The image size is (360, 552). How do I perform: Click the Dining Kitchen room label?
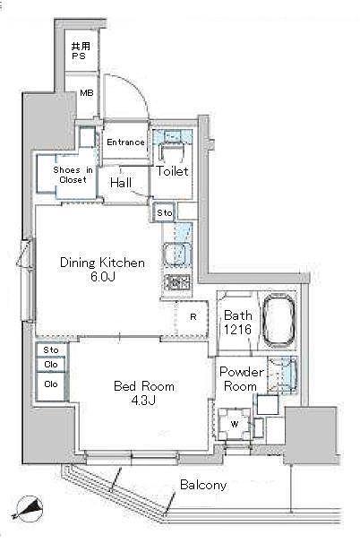(102, 263)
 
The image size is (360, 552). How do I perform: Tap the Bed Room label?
(144, 386)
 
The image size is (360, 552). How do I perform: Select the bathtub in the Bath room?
(279, 321)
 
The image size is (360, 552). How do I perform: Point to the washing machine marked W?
(235, 424)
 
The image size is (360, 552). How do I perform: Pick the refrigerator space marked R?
(192, 317)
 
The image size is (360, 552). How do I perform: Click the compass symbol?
(28, 508)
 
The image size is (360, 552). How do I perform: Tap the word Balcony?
(203, 485)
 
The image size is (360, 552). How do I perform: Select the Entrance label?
(125, 142)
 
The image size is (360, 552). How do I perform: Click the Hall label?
(121, 183)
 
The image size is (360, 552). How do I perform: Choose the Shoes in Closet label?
(73, 175)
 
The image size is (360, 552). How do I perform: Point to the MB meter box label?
(87, 93)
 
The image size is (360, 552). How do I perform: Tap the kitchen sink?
(176, 254)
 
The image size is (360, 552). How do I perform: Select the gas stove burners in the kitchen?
(177, 282)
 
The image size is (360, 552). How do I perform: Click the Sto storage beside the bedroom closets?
(51, 349)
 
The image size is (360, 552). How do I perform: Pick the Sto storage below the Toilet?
(165, 212)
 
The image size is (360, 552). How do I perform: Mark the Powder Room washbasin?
(283, 375)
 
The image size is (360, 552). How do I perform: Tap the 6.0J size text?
(102, 277)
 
